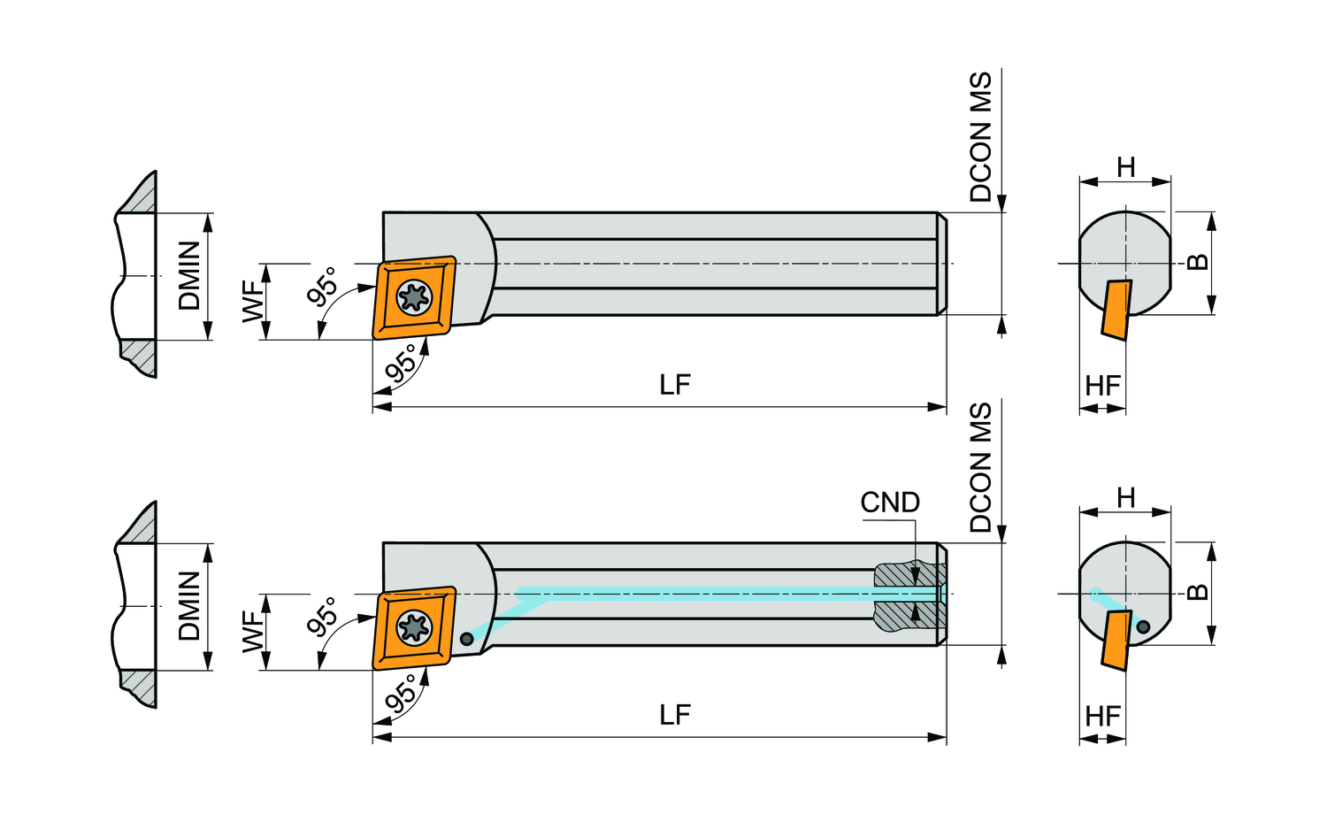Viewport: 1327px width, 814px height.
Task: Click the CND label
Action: pyautogui.click(x=890, y=503)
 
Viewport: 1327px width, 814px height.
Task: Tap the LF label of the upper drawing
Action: pyautogui.click(x=674, y=385)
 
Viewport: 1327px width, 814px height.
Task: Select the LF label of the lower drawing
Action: pyautogui.click(x=674, y=715)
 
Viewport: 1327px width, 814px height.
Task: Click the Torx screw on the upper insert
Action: pyautogui.click(x=413, y=297)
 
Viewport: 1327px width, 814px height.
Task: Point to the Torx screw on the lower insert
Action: pyautogui.click(x=413, y=627)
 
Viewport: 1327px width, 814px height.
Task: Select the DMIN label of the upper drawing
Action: pyautogui.click(x=190, y=275)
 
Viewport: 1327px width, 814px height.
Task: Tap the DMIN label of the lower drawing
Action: pyautogui.click(x=190, y=605)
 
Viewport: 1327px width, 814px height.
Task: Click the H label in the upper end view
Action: pyautogui.click(x=1125, y=167)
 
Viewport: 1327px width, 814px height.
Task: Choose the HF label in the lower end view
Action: pyautogui.click(x=1102, y=716)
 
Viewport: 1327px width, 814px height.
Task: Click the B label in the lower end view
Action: pyautogui.click(x=1197, y=591)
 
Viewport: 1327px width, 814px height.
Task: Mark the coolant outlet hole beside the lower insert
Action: pyautogui.click(x=467, y=639)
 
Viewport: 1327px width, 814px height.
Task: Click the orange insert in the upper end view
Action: pyautogui.click(x=1116, y=309)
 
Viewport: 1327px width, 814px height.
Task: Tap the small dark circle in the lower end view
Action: pyautogui.click(x=1143, y=626)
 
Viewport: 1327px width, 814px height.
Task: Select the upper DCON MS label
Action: pyautogui.click(x=981, y=137)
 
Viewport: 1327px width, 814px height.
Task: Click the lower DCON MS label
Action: pyautogui.click(x=981, y=467)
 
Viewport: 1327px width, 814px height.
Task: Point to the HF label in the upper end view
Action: pyautogui.click(x=1102, y=386)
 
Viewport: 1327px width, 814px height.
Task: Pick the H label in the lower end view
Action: pyautogui.click(x=1125, y=498)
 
